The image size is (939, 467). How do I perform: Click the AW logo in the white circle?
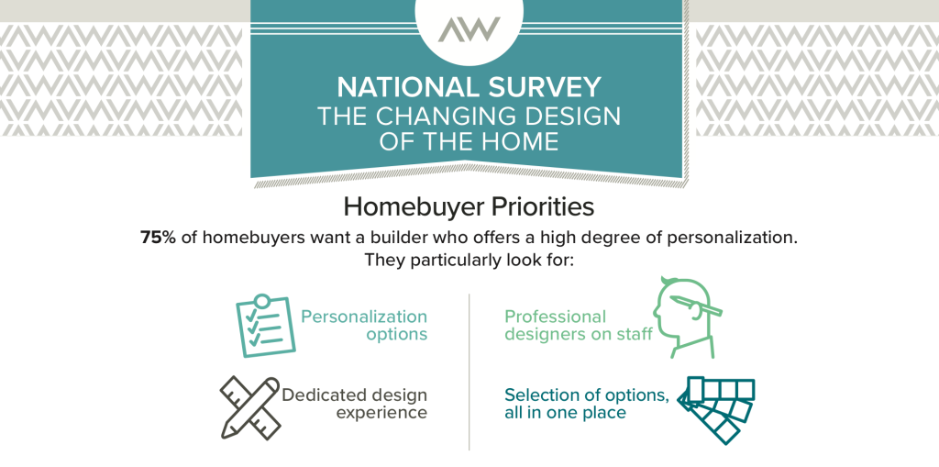coord(469,28)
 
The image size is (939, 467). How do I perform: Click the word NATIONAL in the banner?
coord(403,88)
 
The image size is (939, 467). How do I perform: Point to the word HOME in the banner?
coord(519,142)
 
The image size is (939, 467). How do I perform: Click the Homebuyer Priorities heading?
coord(469,206)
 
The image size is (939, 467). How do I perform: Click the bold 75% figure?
coord(158,237)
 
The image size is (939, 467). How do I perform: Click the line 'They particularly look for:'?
coord(469,261)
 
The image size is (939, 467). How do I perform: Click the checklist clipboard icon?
coord(264,326)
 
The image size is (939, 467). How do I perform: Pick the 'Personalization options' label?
coord(364,325)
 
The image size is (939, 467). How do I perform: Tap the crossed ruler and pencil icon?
coord(250,407)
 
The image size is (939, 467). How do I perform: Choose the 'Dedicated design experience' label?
coord(355,404)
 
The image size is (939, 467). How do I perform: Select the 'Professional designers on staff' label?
coord(579,325)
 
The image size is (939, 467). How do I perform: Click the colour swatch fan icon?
coord(716,411)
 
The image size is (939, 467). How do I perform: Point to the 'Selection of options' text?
coord(586,395)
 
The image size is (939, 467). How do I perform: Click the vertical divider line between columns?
coord(469,372)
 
